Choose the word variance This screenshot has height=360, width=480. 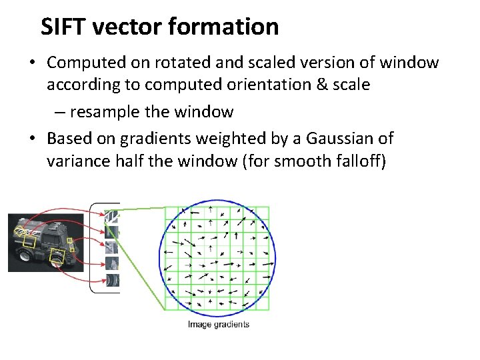tap(78, 161)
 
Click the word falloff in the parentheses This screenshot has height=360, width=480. tap(360, 161)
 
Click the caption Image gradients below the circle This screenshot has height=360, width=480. tap(219, 325)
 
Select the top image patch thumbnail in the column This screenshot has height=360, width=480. tap(112, 216)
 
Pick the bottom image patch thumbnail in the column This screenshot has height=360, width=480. tap(112, 280)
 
